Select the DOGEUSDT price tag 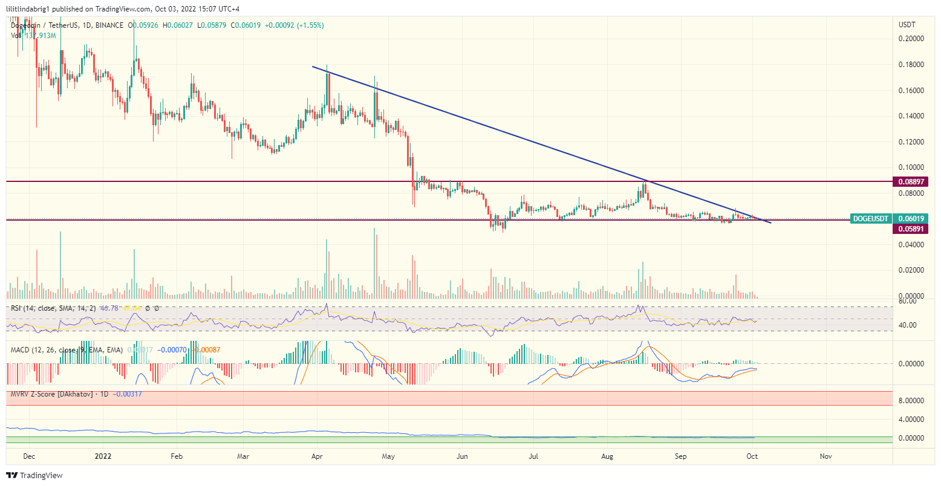point(870,218)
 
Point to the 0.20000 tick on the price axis point(911,38)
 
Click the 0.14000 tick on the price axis point(911,115)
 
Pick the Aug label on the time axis point(608,456)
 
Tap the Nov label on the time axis point(826,456)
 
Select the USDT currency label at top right point(907,25)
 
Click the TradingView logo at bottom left point(34,476)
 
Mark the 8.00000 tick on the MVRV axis point(911,400)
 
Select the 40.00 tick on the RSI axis point(907,325)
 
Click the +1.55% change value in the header point(309,25)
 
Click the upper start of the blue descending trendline point(313,66)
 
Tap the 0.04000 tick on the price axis point(911,244)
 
